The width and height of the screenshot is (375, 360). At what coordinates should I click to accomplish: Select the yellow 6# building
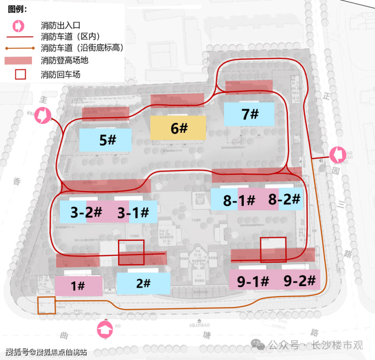[178, 128]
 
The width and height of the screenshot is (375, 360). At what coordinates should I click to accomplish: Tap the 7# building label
[249, 115]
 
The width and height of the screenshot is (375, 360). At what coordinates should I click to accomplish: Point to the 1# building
[78, 286]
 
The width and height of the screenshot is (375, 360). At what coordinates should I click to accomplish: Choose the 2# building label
[143, 283]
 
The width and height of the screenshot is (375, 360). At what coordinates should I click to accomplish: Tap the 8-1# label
[239, 201]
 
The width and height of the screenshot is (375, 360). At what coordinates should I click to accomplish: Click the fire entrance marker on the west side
[43, 115]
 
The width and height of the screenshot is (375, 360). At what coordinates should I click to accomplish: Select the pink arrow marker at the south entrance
[105, 330]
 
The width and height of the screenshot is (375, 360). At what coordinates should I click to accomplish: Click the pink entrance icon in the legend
[18, 25]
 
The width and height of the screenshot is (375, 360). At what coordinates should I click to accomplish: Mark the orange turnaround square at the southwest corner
[46, 305]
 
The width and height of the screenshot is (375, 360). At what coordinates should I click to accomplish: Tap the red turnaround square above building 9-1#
[273, 249]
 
